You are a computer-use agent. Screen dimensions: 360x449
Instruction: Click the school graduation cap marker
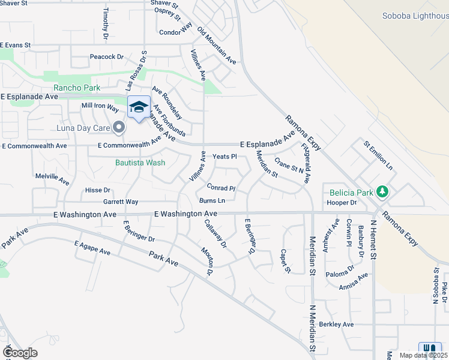[139, 107]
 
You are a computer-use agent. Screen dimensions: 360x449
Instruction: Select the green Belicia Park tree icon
[381, 193]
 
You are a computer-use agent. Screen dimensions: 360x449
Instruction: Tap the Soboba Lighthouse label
[415, 16]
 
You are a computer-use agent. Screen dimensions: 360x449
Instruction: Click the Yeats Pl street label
[225, 157]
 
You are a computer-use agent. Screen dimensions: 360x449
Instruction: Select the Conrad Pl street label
[221, 188]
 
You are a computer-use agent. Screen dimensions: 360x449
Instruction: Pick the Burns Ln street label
[212, 200]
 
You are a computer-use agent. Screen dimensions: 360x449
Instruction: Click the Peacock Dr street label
[106, 57]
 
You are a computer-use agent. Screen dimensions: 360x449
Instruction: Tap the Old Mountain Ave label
[216, 46]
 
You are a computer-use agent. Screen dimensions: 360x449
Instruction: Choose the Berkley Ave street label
[337, 325]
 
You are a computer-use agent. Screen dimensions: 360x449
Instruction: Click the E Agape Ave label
[92, 248]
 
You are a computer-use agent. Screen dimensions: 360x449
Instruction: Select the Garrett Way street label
[121, 202]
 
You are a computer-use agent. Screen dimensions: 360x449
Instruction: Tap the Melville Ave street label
[53, 178]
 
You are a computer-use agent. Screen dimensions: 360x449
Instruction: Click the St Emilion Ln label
[378, 154]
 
